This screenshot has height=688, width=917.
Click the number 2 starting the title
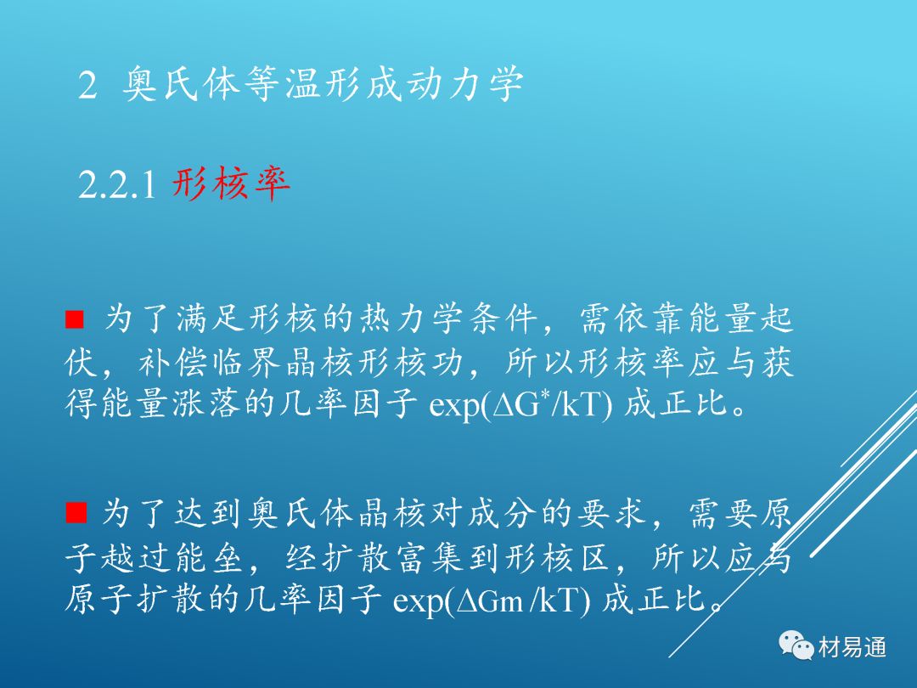click(87, 85)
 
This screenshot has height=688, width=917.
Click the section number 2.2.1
click(117, 184)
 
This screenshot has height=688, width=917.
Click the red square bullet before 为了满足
click(74, 319)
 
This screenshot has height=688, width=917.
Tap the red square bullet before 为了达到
click(76, 512)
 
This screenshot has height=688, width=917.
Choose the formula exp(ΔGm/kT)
click(492, 601)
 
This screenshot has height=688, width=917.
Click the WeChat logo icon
click(796, 646)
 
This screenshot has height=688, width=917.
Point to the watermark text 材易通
click(852, 647)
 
